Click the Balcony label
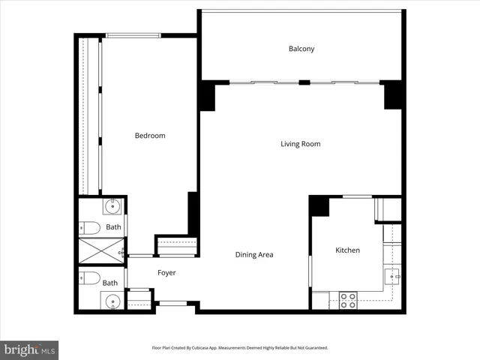tap(301, 49)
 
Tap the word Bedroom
tap(150, 136)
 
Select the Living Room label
tap(301, 144)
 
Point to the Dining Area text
tap(254, 255)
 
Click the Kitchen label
tap(347, 250)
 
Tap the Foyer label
tap(166, 273)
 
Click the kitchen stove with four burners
tap(348, 301)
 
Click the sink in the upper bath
tap(113, 206)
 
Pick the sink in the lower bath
tap(112, 302)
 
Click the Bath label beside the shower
tap(113, 227)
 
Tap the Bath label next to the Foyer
tap(110, 283)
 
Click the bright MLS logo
tap(29, 349)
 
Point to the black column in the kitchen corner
tap(319, 205)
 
